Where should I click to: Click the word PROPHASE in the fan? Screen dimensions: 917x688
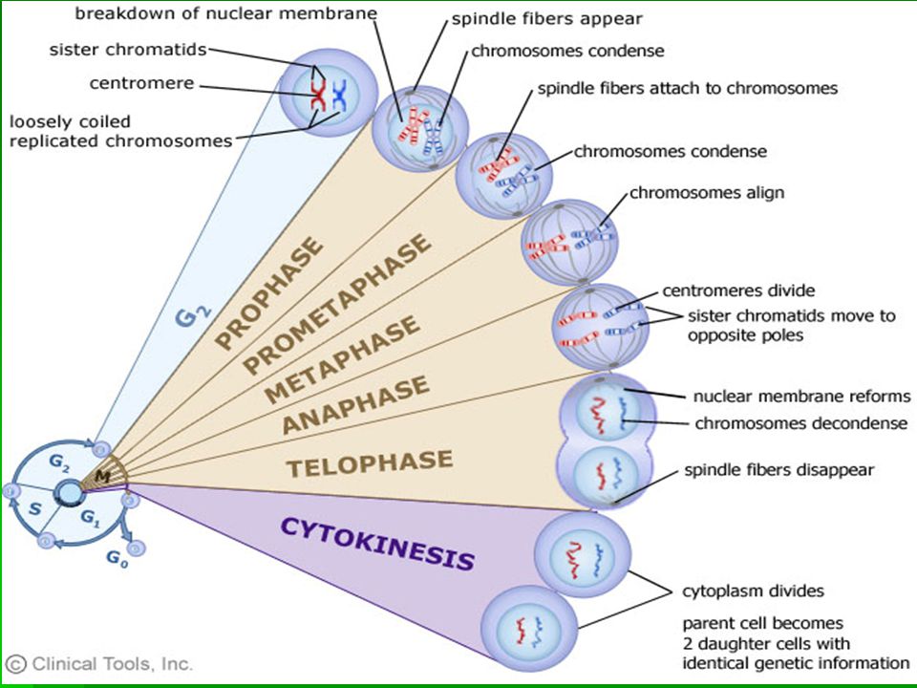pos(269,292)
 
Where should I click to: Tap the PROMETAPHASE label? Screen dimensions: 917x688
pos(337,304)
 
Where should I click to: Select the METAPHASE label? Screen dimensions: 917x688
pos(342,359)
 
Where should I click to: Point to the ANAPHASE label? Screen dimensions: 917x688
pos(355,404)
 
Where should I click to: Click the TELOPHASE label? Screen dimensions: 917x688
pos(370,462)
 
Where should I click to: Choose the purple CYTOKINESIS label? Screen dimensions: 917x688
pos(378,544)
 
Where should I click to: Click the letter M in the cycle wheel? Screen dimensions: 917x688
pos(103,477)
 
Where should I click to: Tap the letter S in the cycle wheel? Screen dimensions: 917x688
pos(35,509)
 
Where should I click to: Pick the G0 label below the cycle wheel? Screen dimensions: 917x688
pos(117,559)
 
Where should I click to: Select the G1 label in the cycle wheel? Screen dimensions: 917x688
pos(91,518)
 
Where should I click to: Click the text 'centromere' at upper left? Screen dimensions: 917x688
pos(141,84)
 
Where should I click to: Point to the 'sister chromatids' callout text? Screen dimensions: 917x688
pos(128,50)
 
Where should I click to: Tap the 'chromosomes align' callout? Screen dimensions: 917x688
pos(707,193)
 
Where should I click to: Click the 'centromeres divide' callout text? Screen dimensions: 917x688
pos(738,290)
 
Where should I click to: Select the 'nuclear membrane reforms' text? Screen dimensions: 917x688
pos(801,397)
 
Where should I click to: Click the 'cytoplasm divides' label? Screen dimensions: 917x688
pos(754,591)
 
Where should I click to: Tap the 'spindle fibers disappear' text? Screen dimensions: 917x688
pos(779,470)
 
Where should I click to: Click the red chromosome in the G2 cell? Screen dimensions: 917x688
pos(317,95)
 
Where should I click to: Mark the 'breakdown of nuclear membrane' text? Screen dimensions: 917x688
pos(225,13)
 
